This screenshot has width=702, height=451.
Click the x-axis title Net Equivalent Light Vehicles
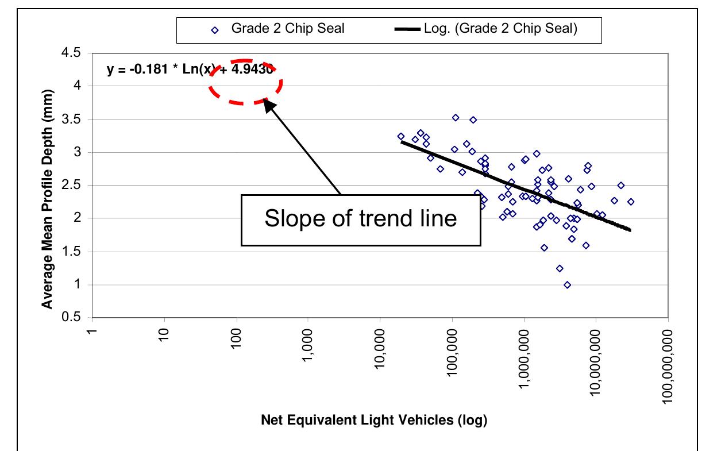click(374, 420)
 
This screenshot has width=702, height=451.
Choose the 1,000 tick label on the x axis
click(308, 346)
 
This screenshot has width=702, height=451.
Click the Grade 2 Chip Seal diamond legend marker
click(215, 29)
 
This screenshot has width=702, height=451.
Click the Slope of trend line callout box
click(360, 220)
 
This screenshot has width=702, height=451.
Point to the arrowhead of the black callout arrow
click(268, 102)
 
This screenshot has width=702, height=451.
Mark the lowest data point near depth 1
click(568, 285)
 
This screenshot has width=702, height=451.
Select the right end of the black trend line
click(630, 230)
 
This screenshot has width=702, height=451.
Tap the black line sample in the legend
click(408, 29)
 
